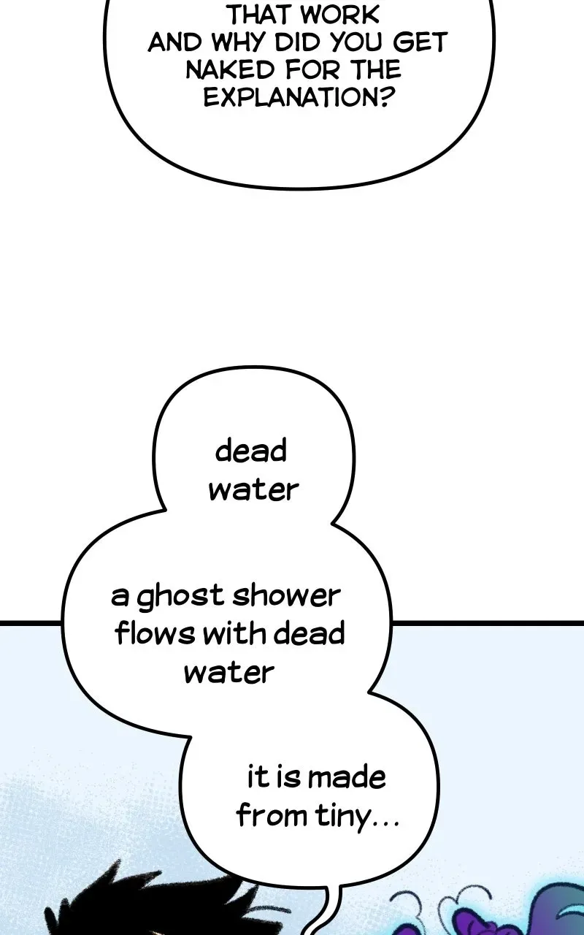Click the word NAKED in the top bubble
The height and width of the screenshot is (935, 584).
tap(228, 69)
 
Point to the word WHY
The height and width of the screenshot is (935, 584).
tap(238, 42)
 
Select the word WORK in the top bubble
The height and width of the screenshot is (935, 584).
tap(339, 15)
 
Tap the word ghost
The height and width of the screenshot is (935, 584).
tap(180, 597)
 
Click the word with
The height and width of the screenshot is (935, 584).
tap(236, 633)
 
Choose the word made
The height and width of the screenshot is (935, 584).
tap(346, 778)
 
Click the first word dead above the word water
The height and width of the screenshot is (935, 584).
tap(250, 451)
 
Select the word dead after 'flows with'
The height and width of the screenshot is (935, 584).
tap(309, 633)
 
